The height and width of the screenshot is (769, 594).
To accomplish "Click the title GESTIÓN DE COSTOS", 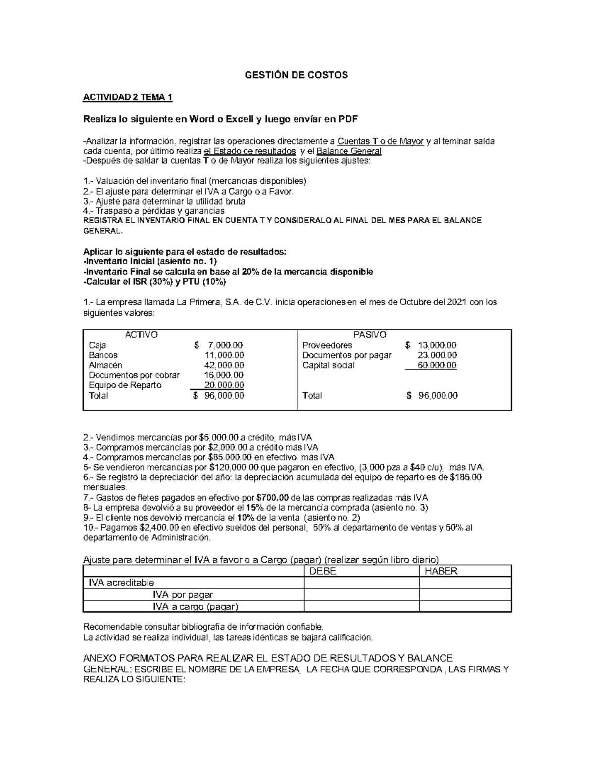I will [x=297, y=75].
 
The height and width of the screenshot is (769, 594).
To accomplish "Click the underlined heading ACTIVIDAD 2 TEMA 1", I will [x=127, y=97].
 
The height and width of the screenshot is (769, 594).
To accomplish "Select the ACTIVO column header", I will [x=141, y=335].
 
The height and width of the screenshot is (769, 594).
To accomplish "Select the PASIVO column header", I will [x=370, y=335].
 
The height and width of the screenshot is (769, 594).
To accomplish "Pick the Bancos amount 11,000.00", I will [x=224, y=355].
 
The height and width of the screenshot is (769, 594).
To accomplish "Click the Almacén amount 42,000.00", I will [x=224, y=365].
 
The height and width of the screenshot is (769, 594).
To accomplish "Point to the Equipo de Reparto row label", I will [x=125, y=385].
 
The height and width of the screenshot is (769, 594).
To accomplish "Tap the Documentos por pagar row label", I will [x=346, y=355].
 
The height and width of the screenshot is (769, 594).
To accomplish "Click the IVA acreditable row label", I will [x=121, y=583].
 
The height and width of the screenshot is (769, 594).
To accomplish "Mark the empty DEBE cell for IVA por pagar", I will [x=361, y=595].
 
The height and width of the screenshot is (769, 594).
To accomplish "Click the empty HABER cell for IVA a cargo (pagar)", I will [x=465, y=607].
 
